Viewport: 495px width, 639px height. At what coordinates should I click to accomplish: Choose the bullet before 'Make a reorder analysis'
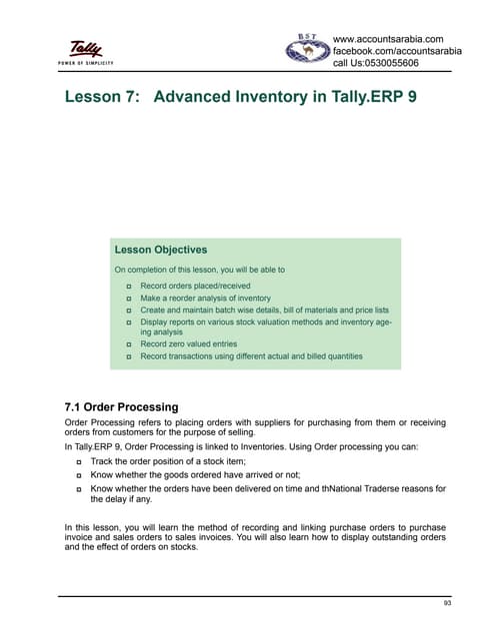[x=130, y=299]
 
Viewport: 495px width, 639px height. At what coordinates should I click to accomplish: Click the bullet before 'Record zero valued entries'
[x=130, y=344]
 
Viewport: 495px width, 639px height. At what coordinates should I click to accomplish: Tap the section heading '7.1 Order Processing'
[x=120, y=407]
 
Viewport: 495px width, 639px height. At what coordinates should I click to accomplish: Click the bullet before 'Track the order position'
[x=79, y=463]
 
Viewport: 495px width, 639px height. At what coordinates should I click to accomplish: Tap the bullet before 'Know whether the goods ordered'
[x=79, y=475]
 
